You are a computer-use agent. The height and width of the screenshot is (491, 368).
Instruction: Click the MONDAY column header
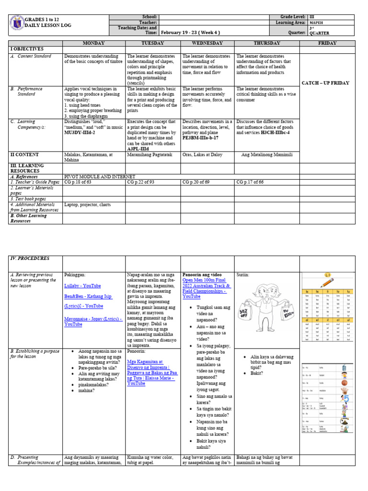(x=94, y=43)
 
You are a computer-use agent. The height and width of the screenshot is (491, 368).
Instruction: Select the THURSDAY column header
(x=266, y=43)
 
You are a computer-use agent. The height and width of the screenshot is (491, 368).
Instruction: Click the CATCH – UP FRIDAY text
(x=325, y=83)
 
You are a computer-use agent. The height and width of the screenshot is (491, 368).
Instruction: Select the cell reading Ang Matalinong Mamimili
(x=266, y=155)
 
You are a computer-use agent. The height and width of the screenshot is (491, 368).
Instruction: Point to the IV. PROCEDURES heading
(x=30, y=258)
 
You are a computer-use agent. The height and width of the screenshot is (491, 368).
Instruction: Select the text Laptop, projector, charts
(x=88, y=205)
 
